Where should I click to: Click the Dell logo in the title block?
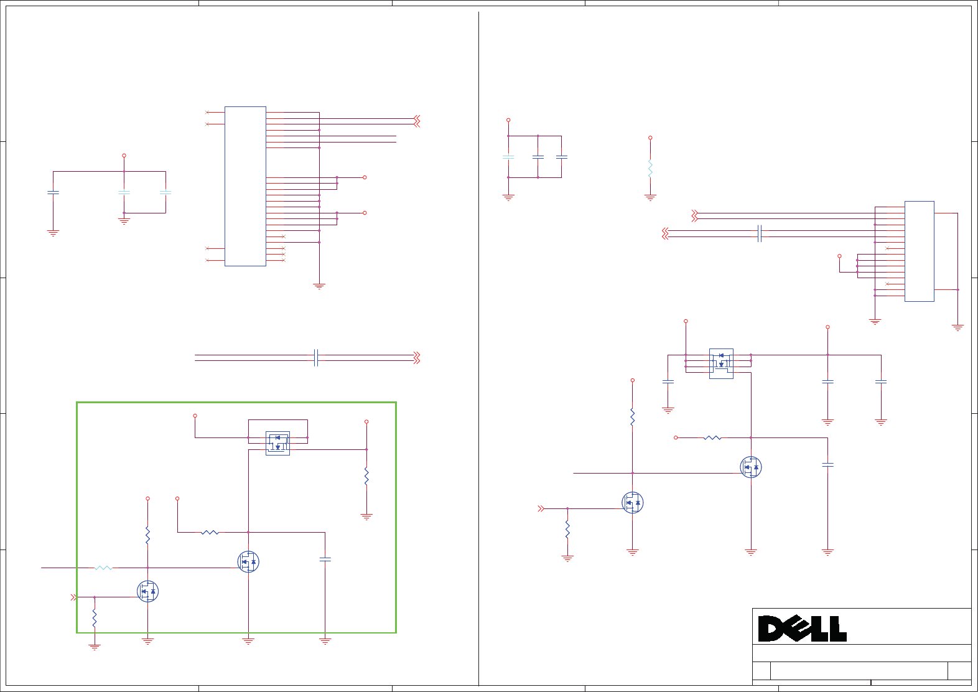point(802,629)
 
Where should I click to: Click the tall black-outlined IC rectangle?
point(245,186)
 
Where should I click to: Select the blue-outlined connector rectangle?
point(919,251)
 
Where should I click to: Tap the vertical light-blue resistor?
point(650,169)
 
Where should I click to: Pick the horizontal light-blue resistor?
point(104,568)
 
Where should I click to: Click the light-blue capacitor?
point(508,157)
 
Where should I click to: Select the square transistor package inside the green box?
point(277,443)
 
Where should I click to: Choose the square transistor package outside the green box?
point(721,363)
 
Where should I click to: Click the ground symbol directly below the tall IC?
point(319,286)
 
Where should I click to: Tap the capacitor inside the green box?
point(325,559)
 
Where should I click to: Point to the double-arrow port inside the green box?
point(73,597)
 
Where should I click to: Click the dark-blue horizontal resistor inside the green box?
point(210,532)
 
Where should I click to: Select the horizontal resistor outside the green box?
point(712,437)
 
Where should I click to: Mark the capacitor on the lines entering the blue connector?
point(759,233)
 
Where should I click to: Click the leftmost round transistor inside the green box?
point(147,591)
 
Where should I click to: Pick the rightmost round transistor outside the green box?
point(751,467)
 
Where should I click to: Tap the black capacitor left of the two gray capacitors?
point(54,193)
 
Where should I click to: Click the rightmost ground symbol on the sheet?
point(957,327)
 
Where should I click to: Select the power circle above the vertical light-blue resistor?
point(650,138)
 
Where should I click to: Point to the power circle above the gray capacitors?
point(124,156)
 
